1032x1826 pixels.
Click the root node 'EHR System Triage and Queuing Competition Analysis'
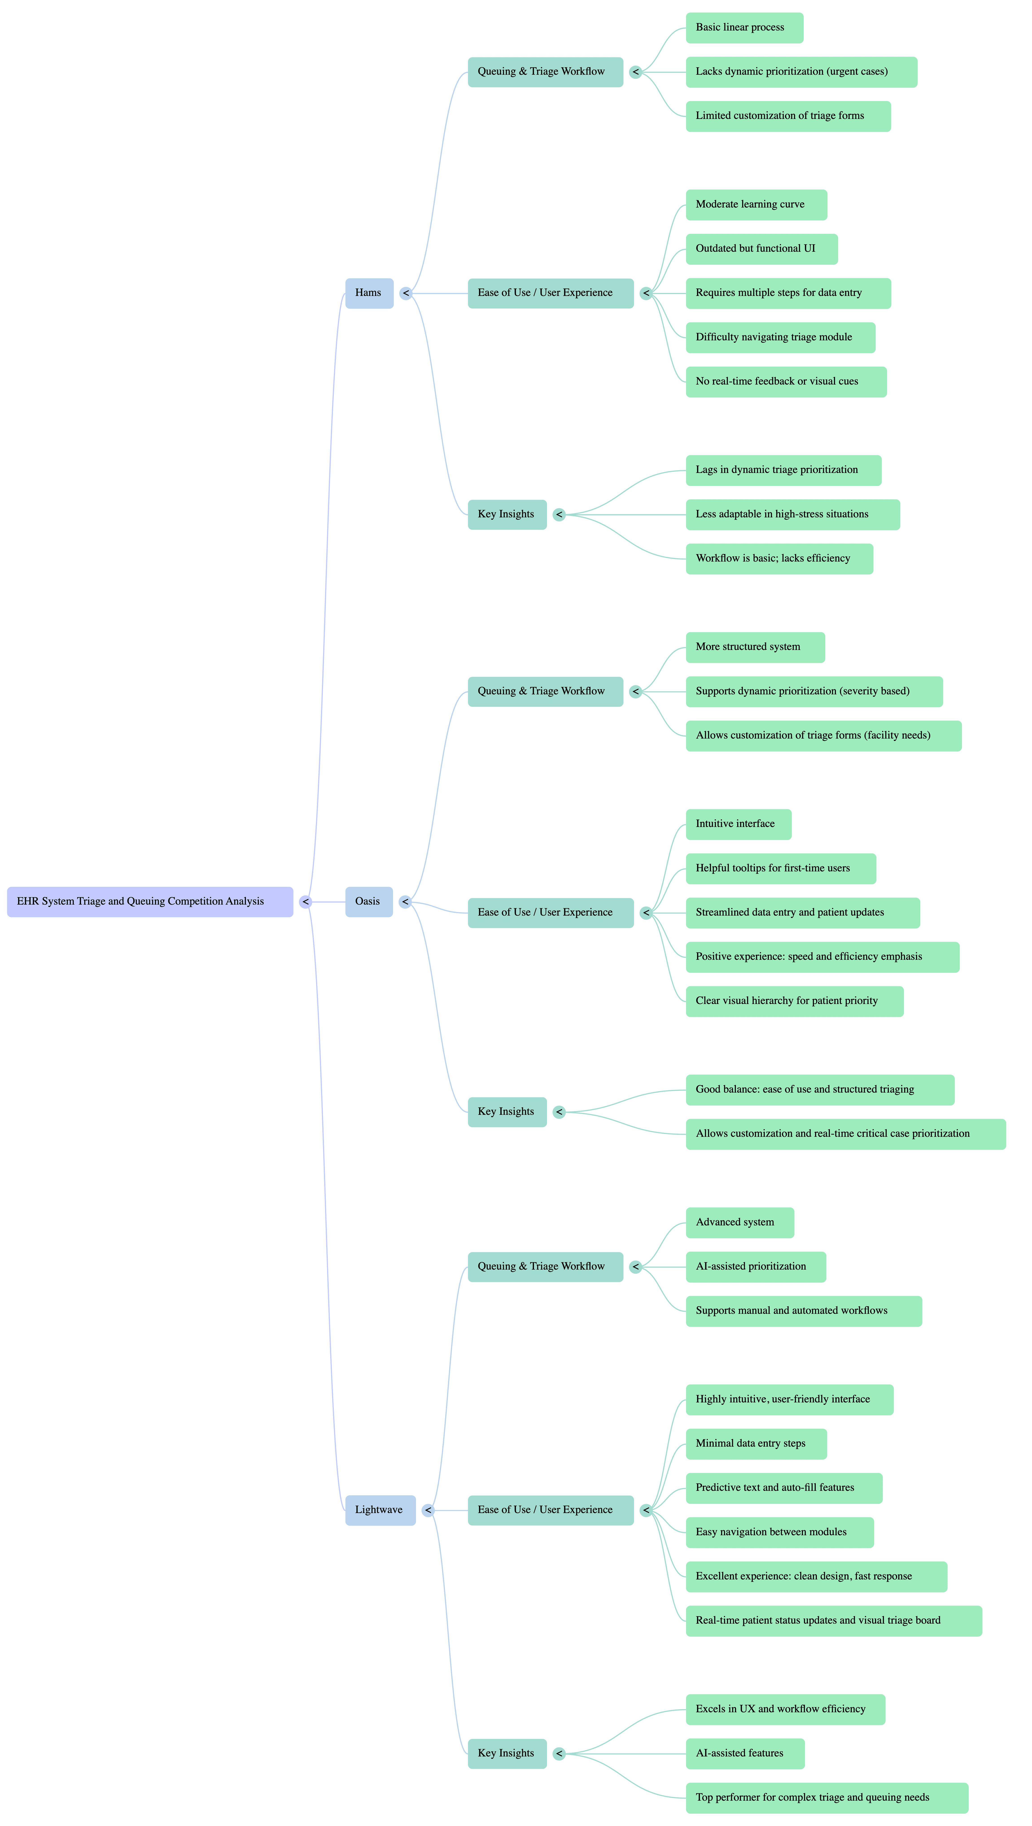pyautogui.click(x=150, y=902)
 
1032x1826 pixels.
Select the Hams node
pyautogui.click(x=369, y=293)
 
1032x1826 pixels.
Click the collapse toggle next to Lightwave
pyautogui.click(x=427, y=1511)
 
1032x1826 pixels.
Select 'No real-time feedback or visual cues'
pyautogui.click(x=785, y=381)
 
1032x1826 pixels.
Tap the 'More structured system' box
pyautogui.click(x=755, y=647)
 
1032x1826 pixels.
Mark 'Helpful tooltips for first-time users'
pyautogui.click(x=780, y=868)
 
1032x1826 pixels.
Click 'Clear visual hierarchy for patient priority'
pyautogui.click(x=794, y=1001)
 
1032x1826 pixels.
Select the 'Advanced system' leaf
pyautogui.click(x=739, y=1222)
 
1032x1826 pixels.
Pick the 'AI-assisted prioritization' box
pyautogui.click(x=756, y=1267)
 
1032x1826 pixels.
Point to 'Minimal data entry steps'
pyautogui.click(x=756, y=1443)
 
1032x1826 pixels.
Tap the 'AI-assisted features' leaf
pyautogui.click(x=745, y=1753)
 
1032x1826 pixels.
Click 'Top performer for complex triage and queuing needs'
pyautogui.click(x=826, y=1798)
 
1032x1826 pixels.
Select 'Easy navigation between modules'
pyautogui.click(x=779, y=1532)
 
